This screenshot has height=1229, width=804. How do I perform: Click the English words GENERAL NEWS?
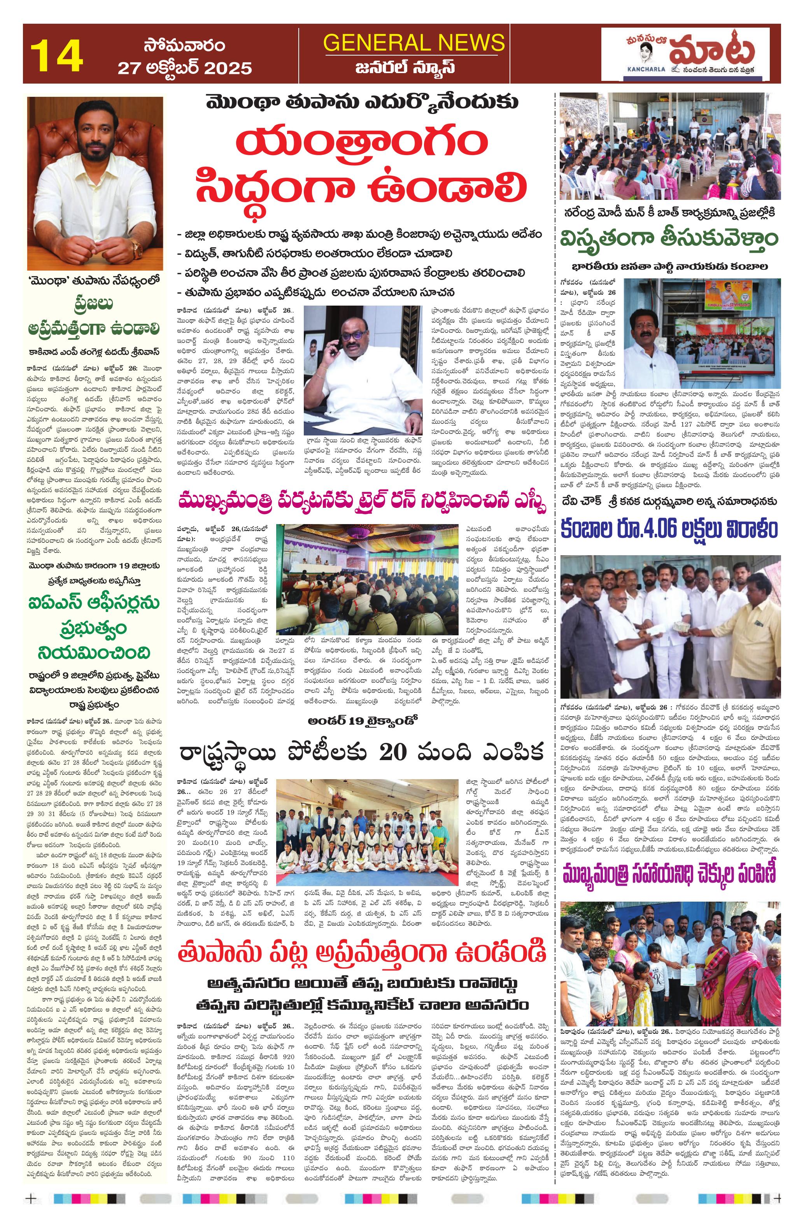pyautogui.click(x=414, y=42)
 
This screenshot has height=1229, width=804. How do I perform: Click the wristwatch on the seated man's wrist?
pyautogui.click(x=137, y=250)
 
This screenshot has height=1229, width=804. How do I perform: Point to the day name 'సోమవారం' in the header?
pyautogui.click(x=184, y=45)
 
